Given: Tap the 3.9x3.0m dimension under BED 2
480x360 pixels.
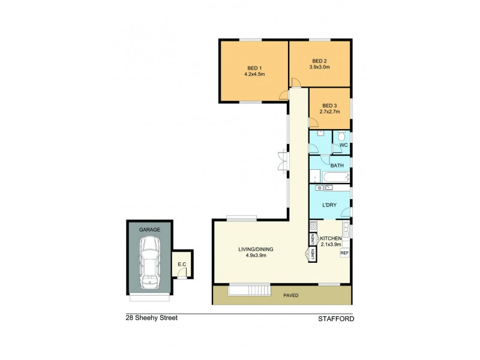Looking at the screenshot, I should [x=319, y=67].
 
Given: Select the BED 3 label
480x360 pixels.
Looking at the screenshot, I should [x=329, y=105].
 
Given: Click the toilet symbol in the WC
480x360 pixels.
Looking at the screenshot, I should [x=341, y=136].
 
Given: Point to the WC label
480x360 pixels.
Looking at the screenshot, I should [x=344, y=145].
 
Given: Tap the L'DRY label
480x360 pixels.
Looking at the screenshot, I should [x=329, y=205].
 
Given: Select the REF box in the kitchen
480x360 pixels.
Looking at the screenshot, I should [x=344, y=253].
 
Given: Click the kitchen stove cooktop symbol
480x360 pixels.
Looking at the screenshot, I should [x=313, y=226].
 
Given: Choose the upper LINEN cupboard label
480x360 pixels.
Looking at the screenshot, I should [x=313, y=239].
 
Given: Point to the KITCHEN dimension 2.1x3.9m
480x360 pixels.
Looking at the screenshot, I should [x=331, y=244].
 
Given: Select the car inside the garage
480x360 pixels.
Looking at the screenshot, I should [x=148, y=262].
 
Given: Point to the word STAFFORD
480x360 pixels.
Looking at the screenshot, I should [x=335, y=319].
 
